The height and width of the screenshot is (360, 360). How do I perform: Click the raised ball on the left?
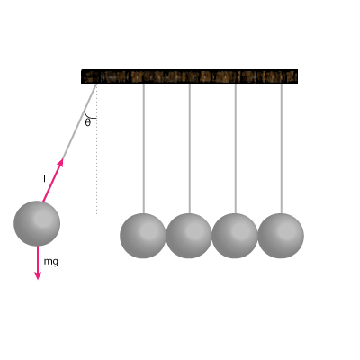point(37,223)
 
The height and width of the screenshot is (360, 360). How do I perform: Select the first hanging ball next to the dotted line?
point(143,236)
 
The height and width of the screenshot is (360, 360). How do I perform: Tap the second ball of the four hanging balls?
point(189,236)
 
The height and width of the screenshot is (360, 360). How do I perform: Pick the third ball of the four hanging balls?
point(235,236)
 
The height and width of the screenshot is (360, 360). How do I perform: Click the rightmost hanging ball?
point(281,236)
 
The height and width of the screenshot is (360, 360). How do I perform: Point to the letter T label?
point(44,178)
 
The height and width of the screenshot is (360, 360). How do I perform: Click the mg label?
point(51,262)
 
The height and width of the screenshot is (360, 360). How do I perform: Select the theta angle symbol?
point(87,122)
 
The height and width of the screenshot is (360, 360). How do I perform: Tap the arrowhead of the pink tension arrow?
point(61,163)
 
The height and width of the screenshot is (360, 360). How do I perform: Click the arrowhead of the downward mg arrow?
point(38,275)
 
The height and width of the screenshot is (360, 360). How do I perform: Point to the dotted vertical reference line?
point(96,149)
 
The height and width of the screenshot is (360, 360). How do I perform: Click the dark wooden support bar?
point(189,76)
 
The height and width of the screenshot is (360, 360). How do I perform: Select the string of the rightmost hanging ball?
point(282,148)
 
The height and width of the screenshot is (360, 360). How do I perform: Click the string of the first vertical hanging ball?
point(144,148)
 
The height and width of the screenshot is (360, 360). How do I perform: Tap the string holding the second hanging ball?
point(190,148)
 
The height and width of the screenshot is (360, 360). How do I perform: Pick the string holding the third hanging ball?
point(236,148)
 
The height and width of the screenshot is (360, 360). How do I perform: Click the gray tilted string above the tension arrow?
point(79,121)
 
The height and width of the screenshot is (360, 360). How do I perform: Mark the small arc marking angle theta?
point(88,117)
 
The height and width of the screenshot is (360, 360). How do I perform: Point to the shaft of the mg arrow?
point(38,259)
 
